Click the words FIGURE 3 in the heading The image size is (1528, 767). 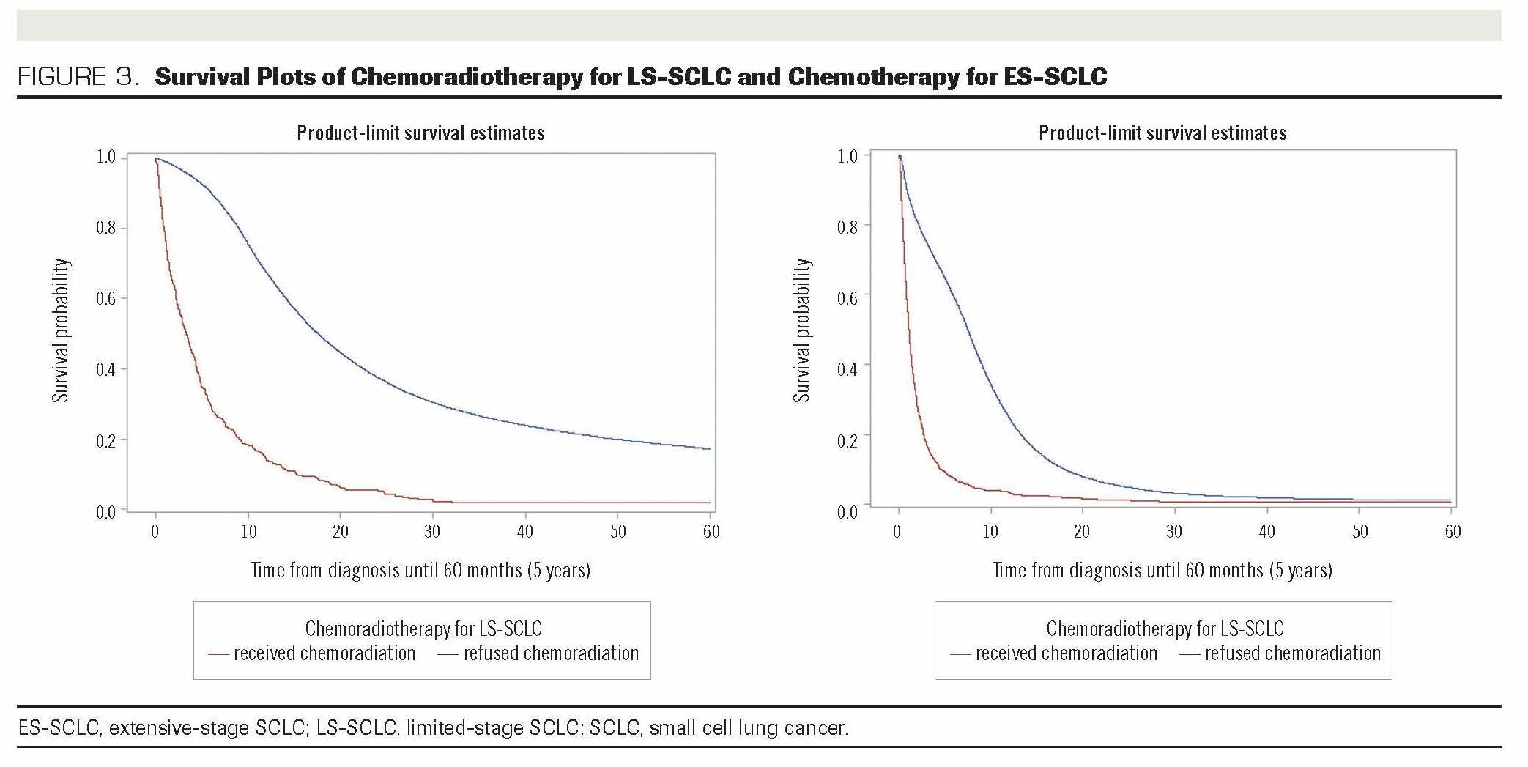click(x=78, y=77)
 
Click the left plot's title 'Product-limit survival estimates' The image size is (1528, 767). click(x=420, y=133)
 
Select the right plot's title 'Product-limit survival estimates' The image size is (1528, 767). click(x=1162, y=133)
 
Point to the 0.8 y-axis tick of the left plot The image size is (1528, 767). click(x=106, y=228)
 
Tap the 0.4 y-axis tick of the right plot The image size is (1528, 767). click(x=848, y=368)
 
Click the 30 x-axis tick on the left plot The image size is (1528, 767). click(x=432, y=531)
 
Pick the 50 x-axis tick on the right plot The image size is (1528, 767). click(x=1360, y=531)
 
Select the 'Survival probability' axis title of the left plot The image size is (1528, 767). click(x=61, y=330)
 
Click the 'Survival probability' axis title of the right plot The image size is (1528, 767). click(x=803, y=330)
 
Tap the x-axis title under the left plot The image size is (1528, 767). click(x=420, y=570)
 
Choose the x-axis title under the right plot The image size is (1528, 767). click(x=1162, y=570)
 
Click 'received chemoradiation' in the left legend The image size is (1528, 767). click(x=324, y=653)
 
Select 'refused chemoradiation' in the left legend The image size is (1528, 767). click(x=551, y=653)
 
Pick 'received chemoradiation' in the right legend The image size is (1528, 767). click(x=1067, y=653)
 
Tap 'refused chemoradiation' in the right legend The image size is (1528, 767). click(x=1293, y=653)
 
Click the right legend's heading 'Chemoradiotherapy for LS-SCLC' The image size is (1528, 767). click(x=1165, y=629)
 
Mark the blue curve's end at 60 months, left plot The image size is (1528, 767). click(x=710, y=448)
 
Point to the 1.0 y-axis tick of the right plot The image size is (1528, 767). click(x=848, y=156)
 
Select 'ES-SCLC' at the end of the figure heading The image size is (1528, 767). click(x=1056, y=77)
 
